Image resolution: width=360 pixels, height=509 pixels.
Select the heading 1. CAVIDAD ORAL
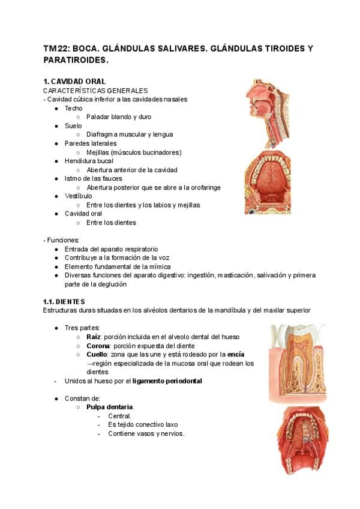click(74, 81)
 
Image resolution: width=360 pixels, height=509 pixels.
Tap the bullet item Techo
click(74, 108)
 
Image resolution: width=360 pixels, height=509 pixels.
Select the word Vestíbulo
click(79, 196)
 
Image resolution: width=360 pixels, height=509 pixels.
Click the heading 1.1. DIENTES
click(64, 301)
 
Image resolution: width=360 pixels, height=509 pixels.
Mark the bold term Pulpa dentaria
click(109, 407)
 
